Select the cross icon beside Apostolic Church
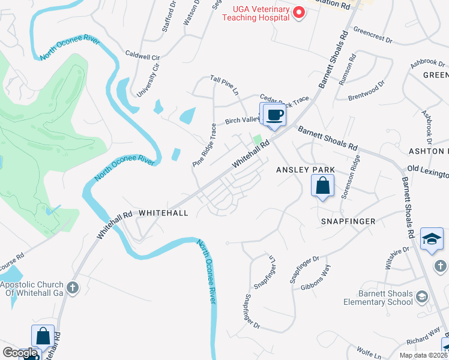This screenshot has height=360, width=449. (73, 287)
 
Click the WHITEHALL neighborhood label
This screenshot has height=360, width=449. (163, 213)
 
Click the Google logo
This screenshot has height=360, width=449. (20, 353)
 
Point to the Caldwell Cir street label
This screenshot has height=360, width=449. (143, 55)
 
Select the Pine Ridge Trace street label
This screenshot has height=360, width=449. (205, 146)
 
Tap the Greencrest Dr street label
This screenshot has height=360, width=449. (372, 35)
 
